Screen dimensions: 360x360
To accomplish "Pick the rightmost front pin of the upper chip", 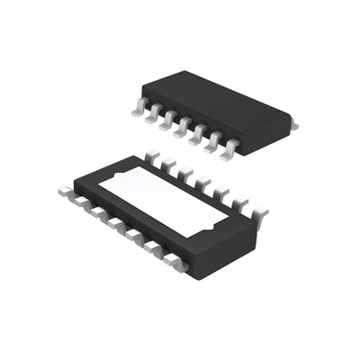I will pyautogui.click(x=231, y=148).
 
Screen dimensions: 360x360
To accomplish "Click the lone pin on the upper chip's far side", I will pyautogui.click(x=292, y=126).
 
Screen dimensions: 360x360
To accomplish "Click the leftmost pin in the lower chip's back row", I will pyautogui.click(x=152, y=159).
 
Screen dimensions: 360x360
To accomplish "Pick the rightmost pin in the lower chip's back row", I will pyautogui.click(x=259, y=214).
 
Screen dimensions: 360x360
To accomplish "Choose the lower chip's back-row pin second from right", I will pyautogui.click(x=241, y=204).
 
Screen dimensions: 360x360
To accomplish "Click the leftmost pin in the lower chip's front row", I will pyautogui.click(x=65, y=192).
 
